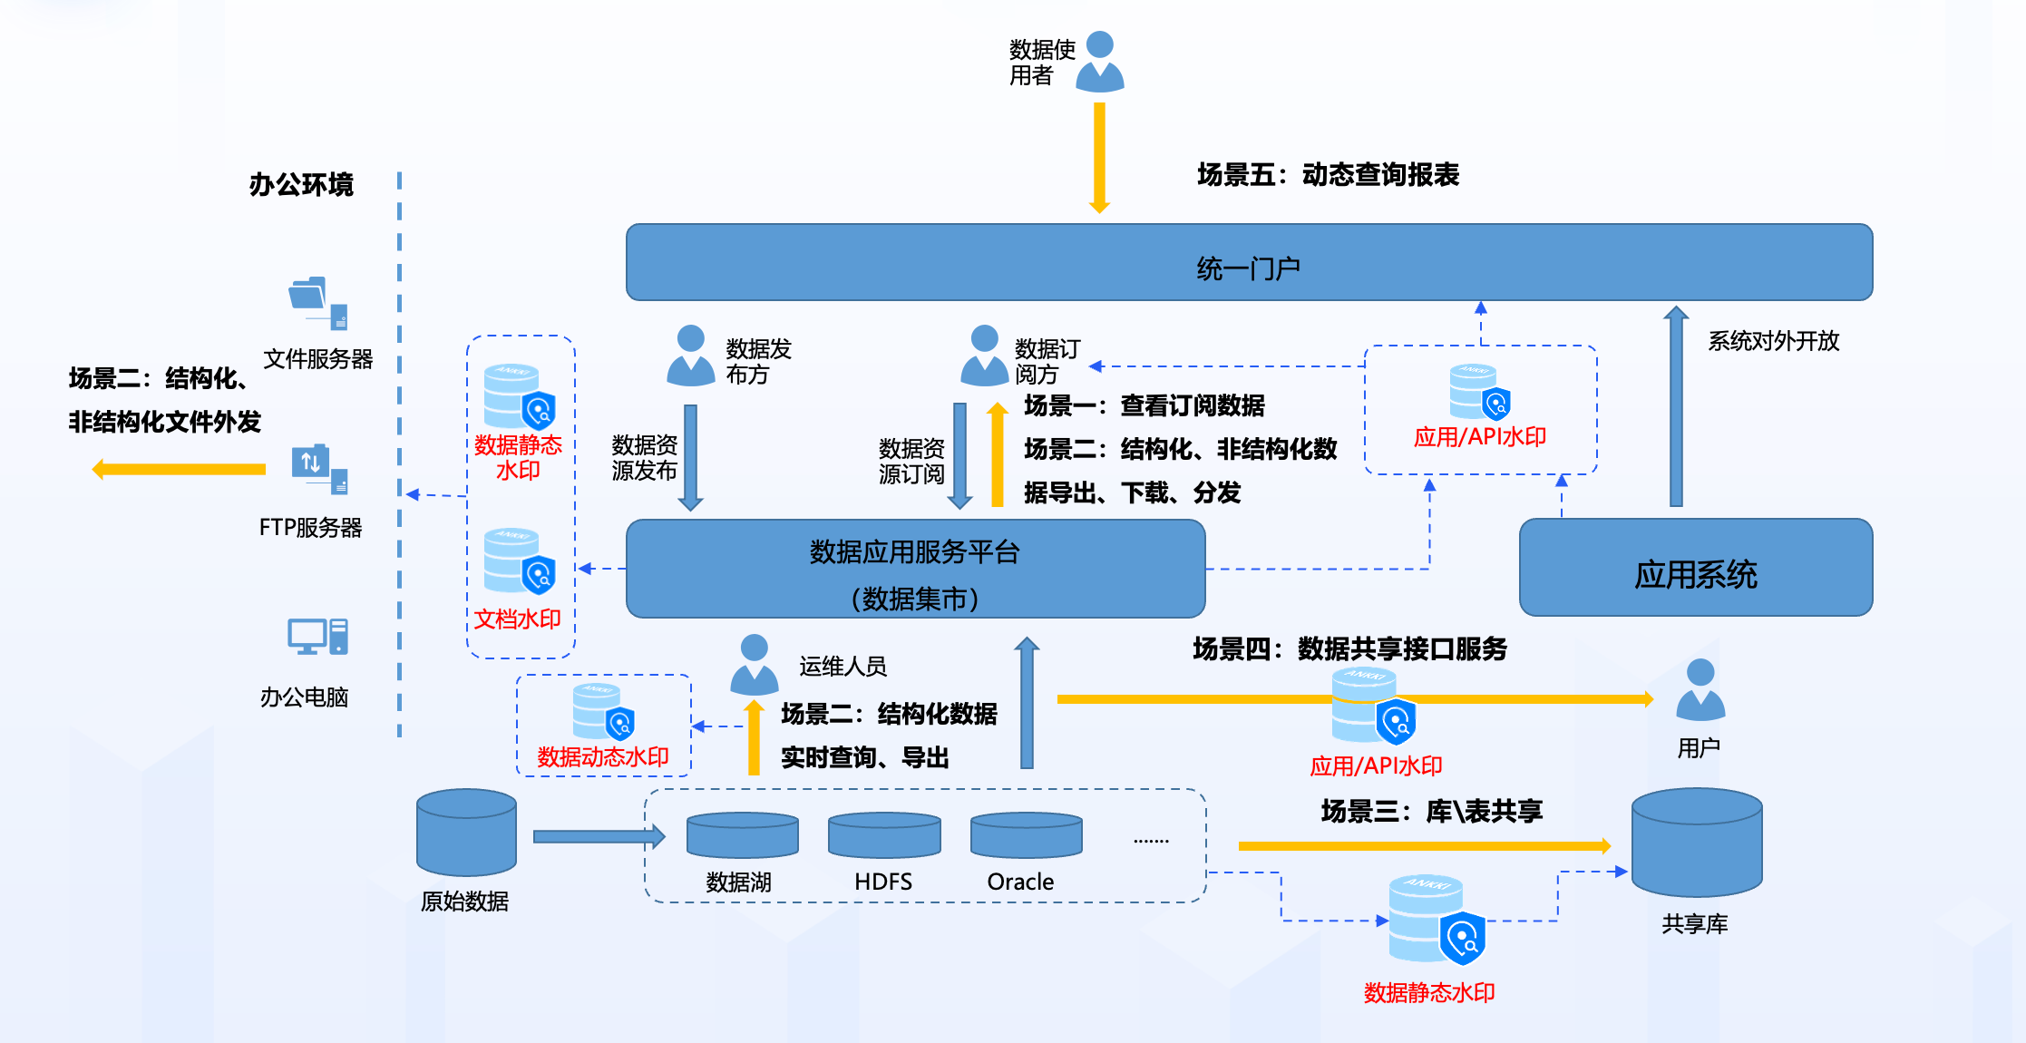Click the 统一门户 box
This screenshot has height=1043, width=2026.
pyautogui.click(x=1248, y=263)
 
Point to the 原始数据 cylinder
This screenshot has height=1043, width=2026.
pyautogui.click(x=466, y=833)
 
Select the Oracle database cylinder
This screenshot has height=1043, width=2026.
pyautogui.click(x=1026, y=835)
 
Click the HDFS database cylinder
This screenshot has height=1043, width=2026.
pyautogui.click(x=883, y=835)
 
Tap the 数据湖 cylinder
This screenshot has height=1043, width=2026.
pyautogui.click(x=742, y=835)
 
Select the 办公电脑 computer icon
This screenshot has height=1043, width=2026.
pyautogui.click(x=317, y=637)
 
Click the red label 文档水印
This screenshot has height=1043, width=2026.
pyautogui.click(x=517, y=619)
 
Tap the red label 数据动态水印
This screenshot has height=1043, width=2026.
pyautogui.click(x=602, y=757)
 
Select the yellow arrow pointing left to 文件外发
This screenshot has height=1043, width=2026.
pyautogui.click(x=179, y=469)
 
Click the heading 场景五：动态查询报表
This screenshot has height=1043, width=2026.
pyautogui.click(x=1328, y=174)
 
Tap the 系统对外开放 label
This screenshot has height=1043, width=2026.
pyautogui.click(x=1773, y=341)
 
